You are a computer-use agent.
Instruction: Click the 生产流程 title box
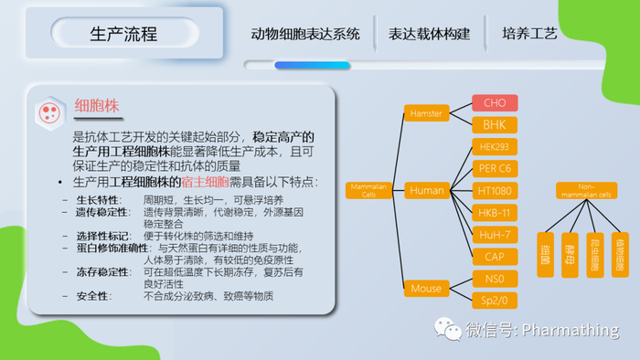(x=124, y=34)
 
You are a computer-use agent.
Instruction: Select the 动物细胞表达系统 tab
(x=305, y=34)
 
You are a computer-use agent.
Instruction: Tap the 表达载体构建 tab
(x=429, y=34)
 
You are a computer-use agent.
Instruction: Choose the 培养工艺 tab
(x=529, y=34)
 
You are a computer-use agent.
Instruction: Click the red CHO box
(x=495, y=103)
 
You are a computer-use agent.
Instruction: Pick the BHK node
(x=495, y=124)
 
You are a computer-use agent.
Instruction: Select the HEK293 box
(x=495, y=146)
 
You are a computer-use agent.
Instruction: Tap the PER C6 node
(x=495, y=168)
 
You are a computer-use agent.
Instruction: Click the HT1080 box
(x=495, y=190)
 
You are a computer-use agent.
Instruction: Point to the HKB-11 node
(x=495, y=212)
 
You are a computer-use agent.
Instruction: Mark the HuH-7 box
(x=495, y=235)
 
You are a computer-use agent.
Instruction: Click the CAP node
(x=495, y=257)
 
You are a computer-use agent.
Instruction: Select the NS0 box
(x=495, y=278)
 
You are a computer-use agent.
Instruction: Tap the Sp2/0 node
(x=495, y=299)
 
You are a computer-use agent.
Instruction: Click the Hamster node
(x=426, y=113)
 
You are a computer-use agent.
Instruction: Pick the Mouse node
(x=426, y=289)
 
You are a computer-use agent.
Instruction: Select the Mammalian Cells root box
(x=369, y=190)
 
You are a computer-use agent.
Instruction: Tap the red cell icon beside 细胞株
(x=48, y=112)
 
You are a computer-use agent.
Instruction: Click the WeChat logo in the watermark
(x=448, y=329)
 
